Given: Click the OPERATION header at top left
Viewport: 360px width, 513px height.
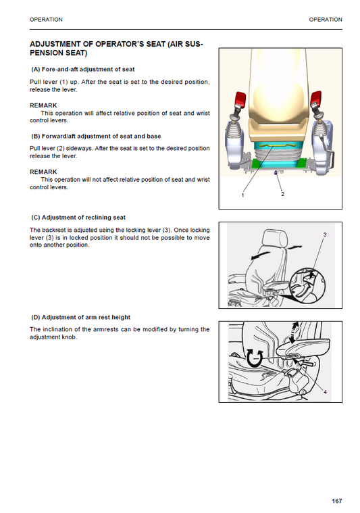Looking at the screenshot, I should [47, 20].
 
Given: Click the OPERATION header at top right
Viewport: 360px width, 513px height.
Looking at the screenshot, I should [326, 20].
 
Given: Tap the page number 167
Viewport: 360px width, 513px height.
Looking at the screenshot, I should [336, 501].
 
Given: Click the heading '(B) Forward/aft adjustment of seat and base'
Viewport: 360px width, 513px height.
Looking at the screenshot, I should [96, 136].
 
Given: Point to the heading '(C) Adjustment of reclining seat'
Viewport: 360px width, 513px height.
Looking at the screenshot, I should [78, 218].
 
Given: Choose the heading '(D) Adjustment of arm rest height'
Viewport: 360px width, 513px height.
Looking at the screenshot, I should [80, 317].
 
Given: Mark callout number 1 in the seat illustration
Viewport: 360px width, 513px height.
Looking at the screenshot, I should [242, 195].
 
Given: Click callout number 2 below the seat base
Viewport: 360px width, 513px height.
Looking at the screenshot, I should [282, 194].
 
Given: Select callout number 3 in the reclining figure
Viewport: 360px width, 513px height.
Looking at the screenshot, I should [325, 235].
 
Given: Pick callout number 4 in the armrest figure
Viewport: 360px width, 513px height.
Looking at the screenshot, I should [325, 391].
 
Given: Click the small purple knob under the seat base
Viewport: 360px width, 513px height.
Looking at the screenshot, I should [276, 173].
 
